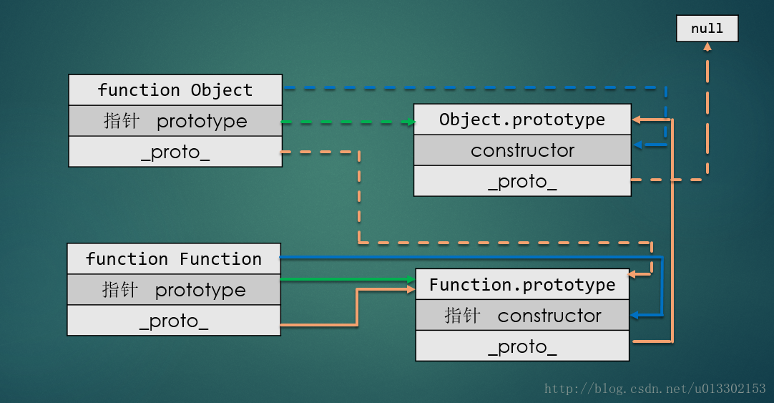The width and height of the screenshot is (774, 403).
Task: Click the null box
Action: (707, 29)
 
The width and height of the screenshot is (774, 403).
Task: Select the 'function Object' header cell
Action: (175, 90)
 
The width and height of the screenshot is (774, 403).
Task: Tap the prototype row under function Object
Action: (175, 121)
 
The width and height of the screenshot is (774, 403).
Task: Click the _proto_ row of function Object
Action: (175, 152)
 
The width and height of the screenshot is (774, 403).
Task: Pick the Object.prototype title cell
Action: (522, 120)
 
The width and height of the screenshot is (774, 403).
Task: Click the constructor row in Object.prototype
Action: (522, 150)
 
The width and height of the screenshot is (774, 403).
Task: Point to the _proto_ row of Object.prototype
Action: (522, 181)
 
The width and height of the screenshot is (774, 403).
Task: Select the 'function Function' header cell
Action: (174, 258)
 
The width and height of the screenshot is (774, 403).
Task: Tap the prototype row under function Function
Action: (174, 290)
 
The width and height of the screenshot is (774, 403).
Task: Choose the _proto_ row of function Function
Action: (174, 321)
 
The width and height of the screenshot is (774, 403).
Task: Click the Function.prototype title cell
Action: (522, 285)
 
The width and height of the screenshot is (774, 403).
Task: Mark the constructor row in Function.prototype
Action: (522, 316)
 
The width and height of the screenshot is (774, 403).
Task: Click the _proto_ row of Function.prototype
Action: (522, 347)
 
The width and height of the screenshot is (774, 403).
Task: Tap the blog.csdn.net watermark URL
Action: (655, 389)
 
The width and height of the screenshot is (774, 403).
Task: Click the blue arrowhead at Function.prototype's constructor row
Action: (635, 316)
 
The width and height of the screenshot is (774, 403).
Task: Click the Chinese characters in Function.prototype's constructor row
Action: (462, 316)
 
